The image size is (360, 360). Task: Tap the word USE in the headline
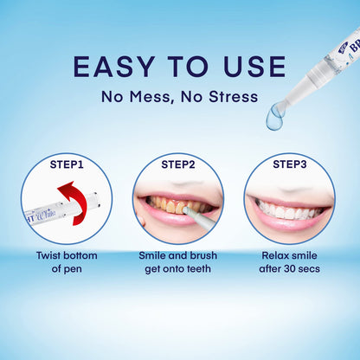253,67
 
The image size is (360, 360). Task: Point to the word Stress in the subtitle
232,96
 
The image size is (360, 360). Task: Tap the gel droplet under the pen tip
275,119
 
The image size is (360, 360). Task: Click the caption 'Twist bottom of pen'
67,264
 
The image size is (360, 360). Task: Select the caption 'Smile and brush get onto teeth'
178,264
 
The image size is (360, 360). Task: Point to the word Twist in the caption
50,256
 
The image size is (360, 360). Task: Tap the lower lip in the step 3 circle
289,224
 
